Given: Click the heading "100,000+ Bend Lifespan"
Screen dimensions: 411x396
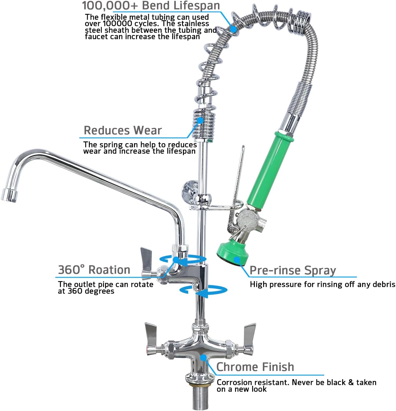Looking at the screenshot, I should click(151, 5).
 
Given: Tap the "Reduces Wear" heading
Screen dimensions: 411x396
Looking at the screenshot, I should click(122, 130).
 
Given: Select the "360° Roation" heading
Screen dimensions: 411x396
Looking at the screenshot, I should click(94, 270).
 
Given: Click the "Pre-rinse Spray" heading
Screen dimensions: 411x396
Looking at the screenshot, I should click(293, 270).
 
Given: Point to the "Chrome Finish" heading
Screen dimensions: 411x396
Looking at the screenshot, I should click(255, 367).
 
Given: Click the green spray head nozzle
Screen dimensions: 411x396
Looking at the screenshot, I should click(232, 254).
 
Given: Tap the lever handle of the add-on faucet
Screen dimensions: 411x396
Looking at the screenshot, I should click(146, 259).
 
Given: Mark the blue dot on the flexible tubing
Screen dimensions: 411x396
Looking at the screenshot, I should click(233, 29).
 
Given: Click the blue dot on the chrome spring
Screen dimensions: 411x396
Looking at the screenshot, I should click(200, 120).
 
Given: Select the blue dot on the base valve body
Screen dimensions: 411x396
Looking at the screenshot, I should click(204, 358).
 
